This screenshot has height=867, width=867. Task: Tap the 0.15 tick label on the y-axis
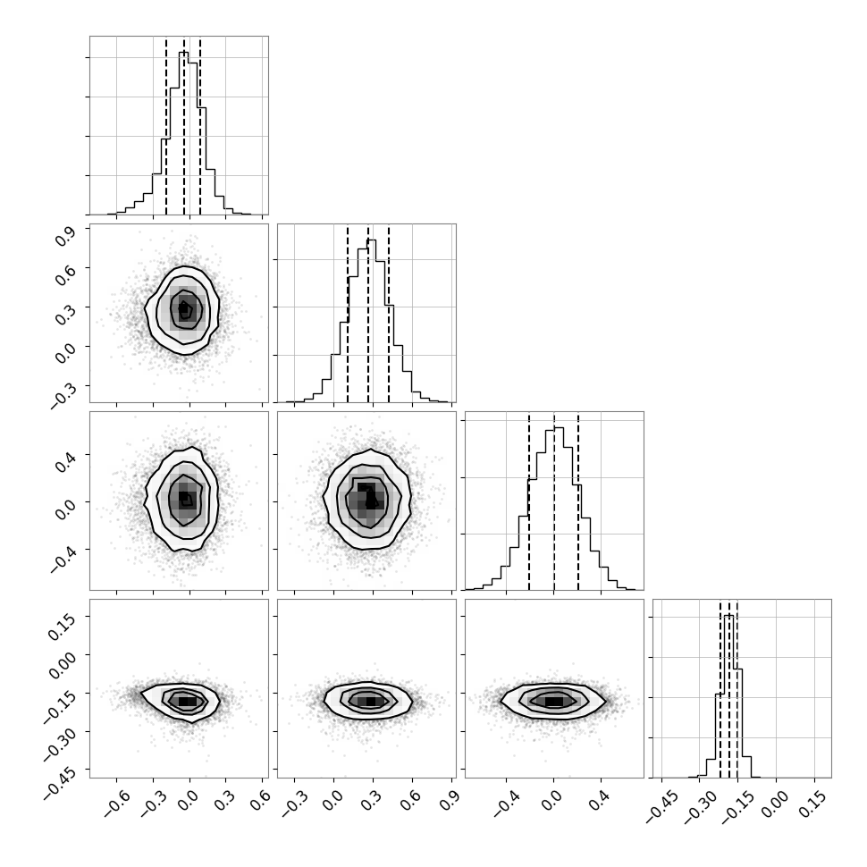(62, 625)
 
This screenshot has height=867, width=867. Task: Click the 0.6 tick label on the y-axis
(64, 274)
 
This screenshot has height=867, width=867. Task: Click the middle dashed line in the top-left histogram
(184, 126)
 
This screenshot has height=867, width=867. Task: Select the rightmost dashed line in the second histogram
(389, 314)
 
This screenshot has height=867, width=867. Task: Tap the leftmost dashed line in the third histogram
(529, 501)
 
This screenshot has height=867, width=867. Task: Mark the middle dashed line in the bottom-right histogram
(728, 688)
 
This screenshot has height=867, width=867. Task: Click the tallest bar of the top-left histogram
(183, 133)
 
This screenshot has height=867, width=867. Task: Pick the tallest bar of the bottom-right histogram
(729, 696)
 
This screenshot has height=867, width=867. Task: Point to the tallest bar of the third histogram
(559, 509)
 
